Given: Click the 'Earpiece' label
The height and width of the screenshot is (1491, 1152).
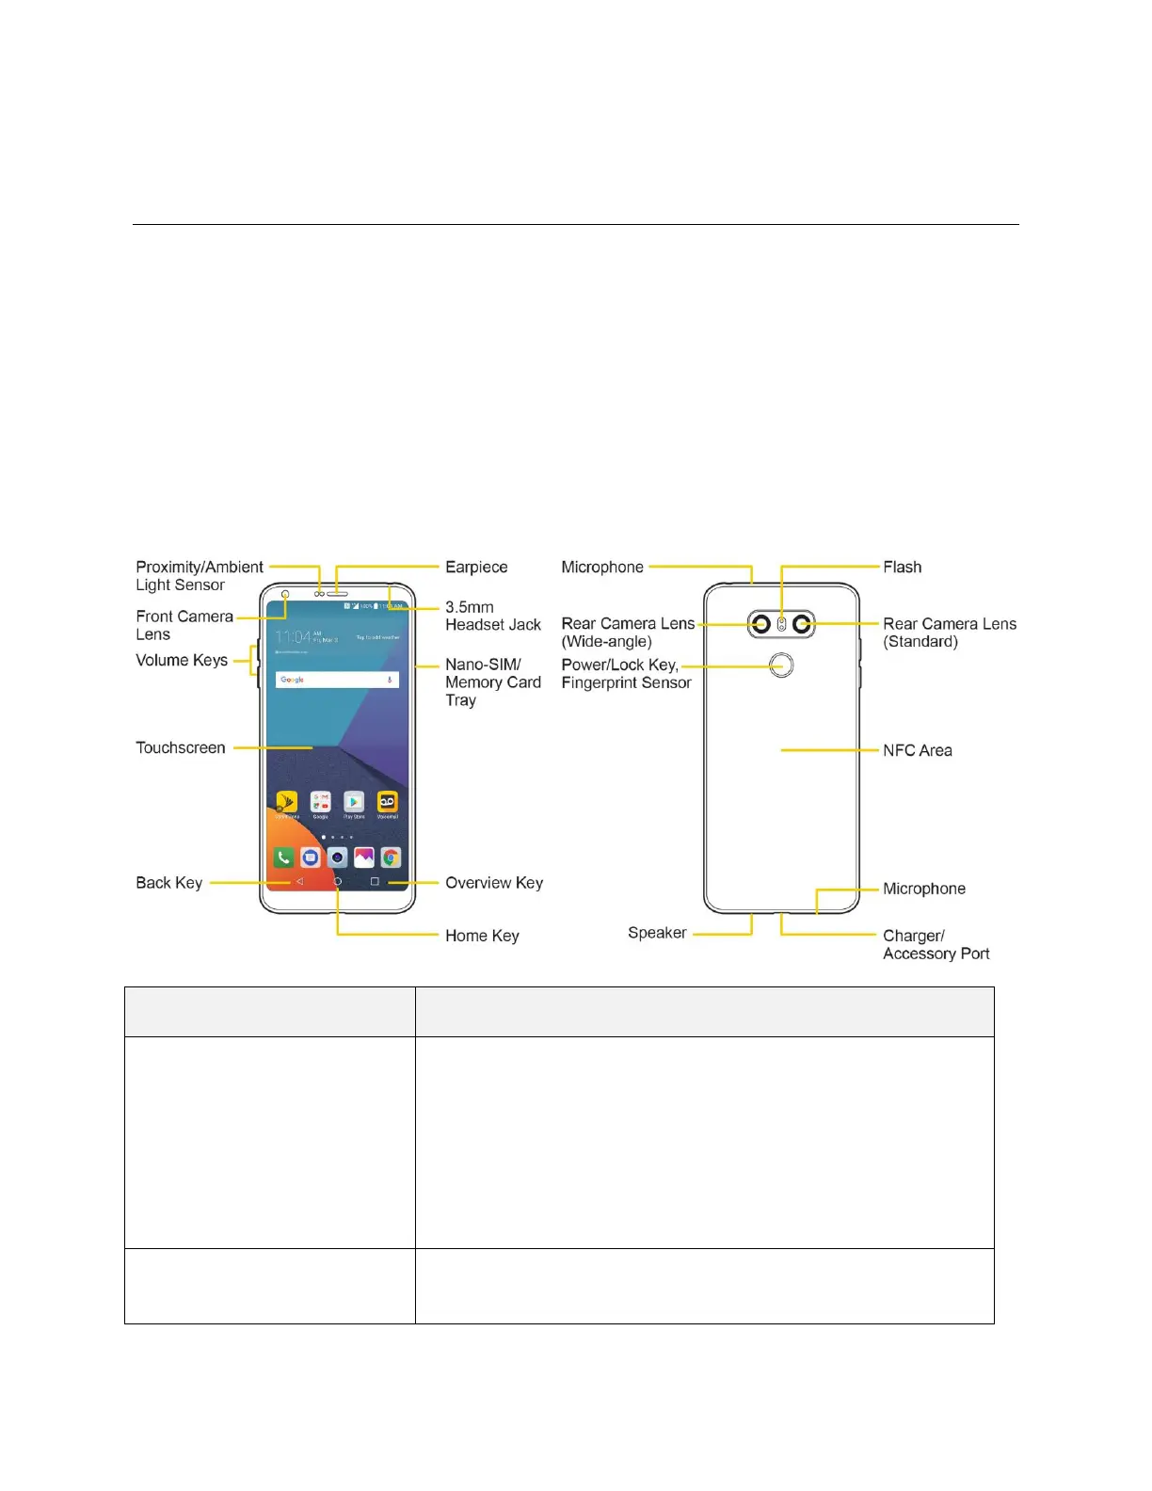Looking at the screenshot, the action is [x=476, y=567].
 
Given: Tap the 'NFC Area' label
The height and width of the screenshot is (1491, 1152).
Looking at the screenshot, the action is [x=917, y=750].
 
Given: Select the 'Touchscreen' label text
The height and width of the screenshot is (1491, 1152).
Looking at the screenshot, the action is [x=181, y=747].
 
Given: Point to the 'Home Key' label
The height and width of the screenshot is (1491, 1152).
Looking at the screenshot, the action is [x=482, y=936].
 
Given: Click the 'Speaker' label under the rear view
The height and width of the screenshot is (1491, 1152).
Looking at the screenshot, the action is [x=657, y=933].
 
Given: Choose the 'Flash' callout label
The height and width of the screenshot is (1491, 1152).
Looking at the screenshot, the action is [x=902, y=567].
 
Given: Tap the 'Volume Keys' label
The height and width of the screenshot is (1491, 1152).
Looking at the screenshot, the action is [x=182, y=660].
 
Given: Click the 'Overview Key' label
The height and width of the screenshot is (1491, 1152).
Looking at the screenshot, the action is [x=494, y=883].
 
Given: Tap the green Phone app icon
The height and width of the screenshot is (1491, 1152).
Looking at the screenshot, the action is [x=283, y=858].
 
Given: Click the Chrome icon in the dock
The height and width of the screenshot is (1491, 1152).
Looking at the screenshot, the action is [x=391, y=858].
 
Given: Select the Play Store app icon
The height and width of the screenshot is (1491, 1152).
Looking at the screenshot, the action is [x=354, y=802].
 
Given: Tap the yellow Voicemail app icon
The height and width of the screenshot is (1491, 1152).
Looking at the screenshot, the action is [x=388, y=802].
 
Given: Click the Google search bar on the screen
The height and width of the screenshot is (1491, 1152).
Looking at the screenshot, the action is [x=337, y=680].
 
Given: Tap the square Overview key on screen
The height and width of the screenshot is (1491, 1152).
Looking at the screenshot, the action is [x=375, y=882].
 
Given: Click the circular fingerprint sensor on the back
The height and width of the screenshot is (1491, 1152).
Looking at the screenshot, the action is [x=781, y=665].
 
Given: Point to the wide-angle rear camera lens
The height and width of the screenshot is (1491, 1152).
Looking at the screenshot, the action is [x=761, y=624].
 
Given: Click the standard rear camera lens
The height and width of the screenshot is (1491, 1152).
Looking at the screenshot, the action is [x=802, y=624].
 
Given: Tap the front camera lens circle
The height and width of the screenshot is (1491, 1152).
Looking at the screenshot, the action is [x=285, y=595].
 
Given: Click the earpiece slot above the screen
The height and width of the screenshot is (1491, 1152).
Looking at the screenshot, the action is [x=338, y=595].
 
